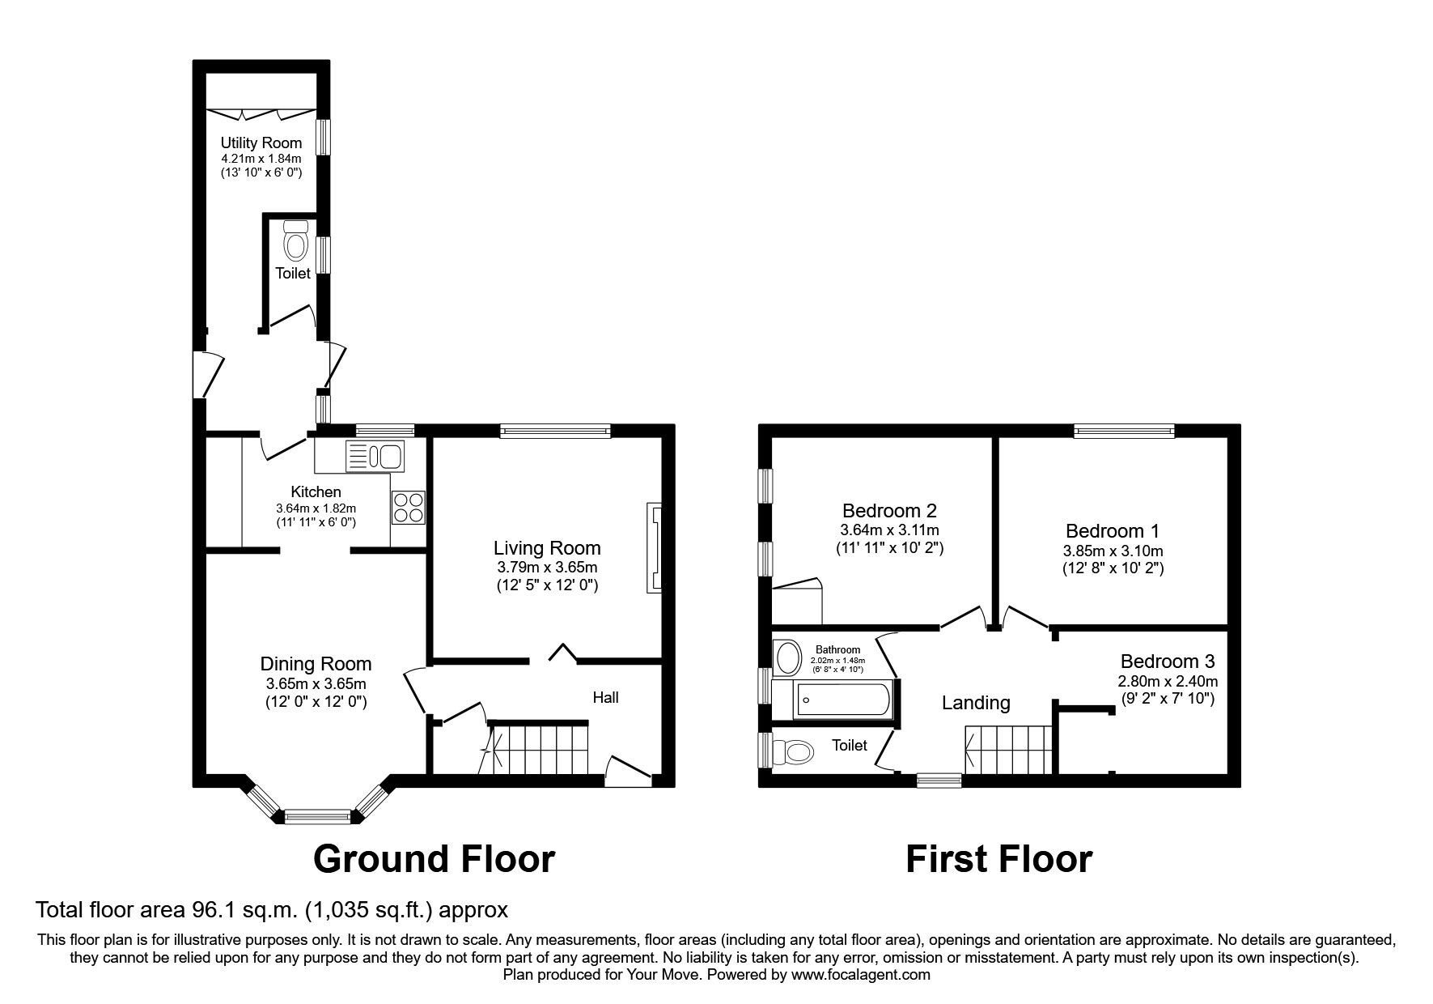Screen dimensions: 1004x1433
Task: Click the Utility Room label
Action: pyautogui.click(x=261, y=143)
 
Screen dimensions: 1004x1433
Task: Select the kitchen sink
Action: pyautogui.click(x=375, y=456)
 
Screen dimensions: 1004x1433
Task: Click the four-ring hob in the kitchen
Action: pyautogui.click(x=408, y=507)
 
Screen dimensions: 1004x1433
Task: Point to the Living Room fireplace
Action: pyautogui.click(x=654, y=549)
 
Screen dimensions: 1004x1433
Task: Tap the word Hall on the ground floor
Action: pyautogui.click(x=605, y=697)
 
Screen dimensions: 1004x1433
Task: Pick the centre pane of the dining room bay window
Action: pyautogui.click(x=318, y=816)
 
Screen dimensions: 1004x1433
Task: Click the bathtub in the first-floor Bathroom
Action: pyautogui.click(x=843, y=699)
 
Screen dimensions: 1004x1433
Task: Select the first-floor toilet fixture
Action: pyautogui.click(x=796, y=753)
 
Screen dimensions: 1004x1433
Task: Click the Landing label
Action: pyautogui.click(x=976, y=703)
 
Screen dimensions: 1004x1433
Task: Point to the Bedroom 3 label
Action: pyautogui.click(x=1167, y=662)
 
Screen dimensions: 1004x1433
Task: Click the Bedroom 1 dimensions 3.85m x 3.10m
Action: pyautogui.click(x=1113, y=551)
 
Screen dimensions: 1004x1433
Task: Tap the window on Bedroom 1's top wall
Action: pyautogui.click(x=1124, y=431)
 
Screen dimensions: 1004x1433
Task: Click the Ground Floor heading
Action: pyautogui.click(x=434, y=859)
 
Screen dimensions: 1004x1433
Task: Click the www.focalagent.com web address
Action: pyautogui.click(x=860, y=975)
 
